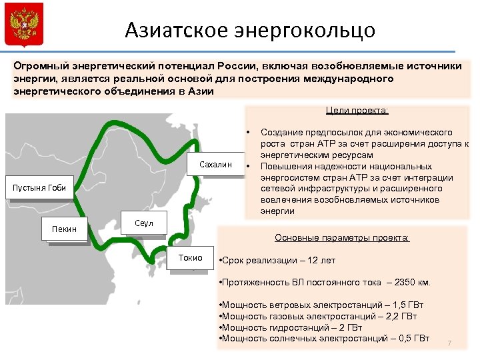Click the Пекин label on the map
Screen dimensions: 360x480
(65, 229)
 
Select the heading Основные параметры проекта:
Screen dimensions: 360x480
(343, 238)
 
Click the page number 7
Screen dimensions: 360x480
(449, 343)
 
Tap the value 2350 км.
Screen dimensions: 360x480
(413, 283)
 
